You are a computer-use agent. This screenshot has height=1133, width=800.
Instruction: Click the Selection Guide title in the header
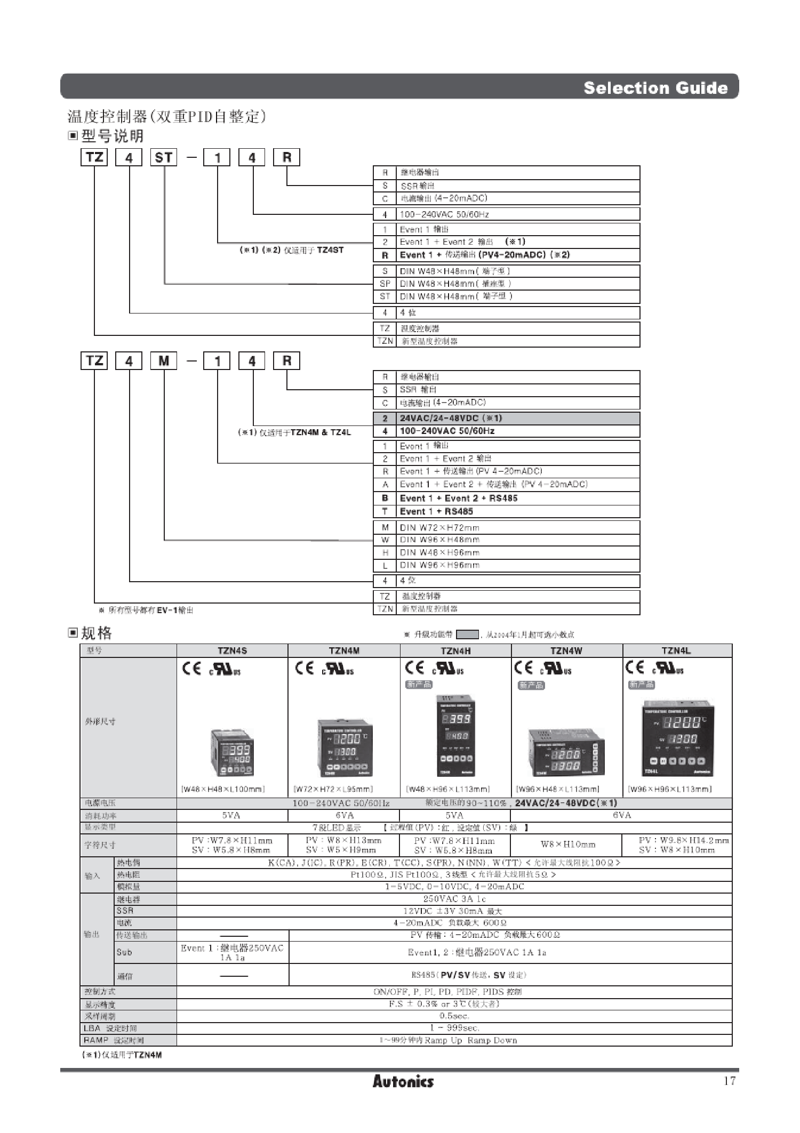655,88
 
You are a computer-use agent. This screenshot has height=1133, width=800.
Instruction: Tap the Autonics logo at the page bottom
403,1081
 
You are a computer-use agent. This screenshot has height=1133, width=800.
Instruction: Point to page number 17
730,1081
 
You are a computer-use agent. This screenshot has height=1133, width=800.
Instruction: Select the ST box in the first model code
164,158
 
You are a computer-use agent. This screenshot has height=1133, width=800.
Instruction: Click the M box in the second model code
164,361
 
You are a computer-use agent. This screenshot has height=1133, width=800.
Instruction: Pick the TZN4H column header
455,650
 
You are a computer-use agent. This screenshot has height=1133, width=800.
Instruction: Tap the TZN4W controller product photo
566,752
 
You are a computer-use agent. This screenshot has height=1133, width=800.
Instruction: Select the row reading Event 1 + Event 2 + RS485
458,499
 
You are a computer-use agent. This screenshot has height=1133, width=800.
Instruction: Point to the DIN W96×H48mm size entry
439,540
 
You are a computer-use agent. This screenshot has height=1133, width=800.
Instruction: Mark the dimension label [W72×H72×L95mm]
333,789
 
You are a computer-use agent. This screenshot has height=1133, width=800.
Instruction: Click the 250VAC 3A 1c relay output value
454,899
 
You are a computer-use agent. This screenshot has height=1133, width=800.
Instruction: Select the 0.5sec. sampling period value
454,1016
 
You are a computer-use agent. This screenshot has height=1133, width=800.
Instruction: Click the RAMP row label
113,1040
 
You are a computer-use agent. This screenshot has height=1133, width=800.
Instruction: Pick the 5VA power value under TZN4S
231,815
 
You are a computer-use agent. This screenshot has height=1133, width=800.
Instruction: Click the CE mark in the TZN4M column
305,669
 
